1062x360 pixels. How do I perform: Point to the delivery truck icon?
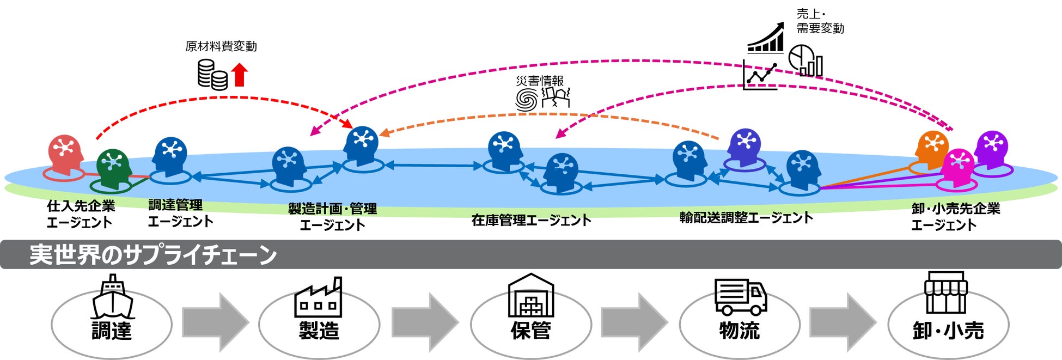pyautogui.click(x=740, y=297)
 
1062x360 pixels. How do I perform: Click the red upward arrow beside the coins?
pyautogui.click(x=240, y=75)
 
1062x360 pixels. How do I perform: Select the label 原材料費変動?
pyautogui.click(x=221, y=47)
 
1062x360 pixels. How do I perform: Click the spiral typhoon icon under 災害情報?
pyautogui.click(x=527, y=100)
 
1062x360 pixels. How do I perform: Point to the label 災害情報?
pyautogui.click(x=540, y=81)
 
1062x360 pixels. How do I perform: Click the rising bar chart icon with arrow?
pyautogui.click(x=765, y=38)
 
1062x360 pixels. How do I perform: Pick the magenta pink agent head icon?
pyautogui.click(x=959, y=164)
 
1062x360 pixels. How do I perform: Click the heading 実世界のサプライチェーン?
pyautogui.click(x=153, y=255)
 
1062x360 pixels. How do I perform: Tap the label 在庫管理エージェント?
pyautogui.click(x=531, y=221)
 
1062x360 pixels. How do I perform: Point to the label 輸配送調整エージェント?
pyautogui.click(x=746, y=218)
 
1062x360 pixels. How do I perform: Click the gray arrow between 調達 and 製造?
pyautogui.click(x=215, y=322)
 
